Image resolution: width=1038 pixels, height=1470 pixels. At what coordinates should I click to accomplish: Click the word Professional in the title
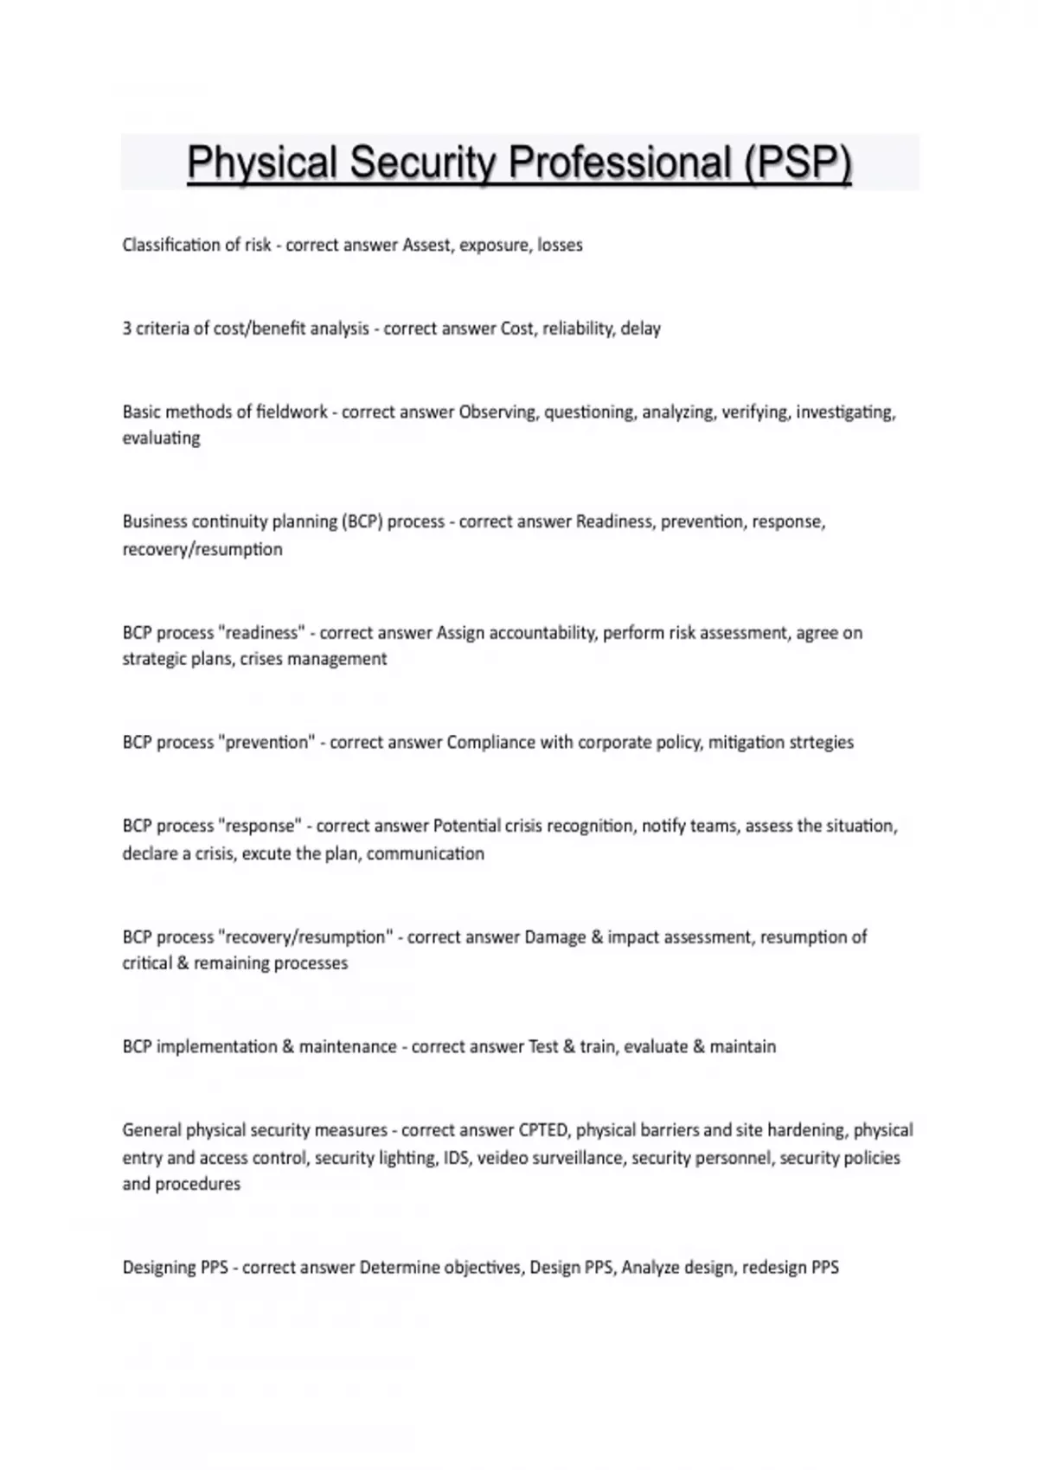(619, 163)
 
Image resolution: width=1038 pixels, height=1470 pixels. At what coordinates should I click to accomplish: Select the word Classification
(170, 246)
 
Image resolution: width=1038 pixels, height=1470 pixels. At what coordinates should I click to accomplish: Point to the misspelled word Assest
(427, 246)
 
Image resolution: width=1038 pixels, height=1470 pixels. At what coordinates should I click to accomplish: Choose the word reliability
(578, 329)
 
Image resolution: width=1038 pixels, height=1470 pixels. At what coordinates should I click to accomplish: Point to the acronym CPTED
(543, 1130)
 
